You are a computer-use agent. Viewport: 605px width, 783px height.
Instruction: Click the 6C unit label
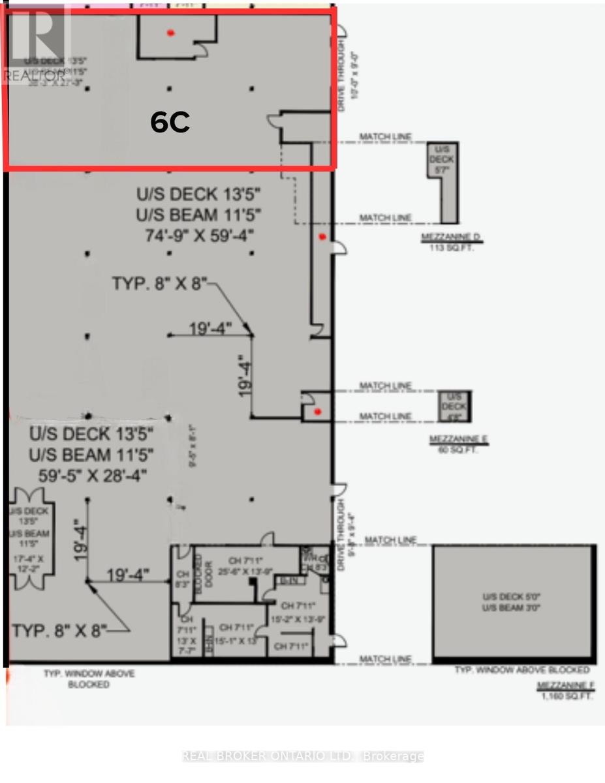pos(170,123)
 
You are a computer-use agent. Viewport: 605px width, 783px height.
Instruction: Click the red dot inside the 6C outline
pos(170,33)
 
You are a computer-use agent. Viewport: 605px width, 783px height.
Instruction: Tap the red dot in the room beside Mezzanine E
pos(317,412)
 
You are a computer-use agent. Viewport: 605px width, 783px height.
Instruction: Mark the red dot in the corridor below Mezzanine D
pos(321,238)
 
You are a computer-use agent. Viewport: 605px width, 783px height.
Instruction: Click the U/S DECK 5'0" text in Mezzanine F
pos(513,596)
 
